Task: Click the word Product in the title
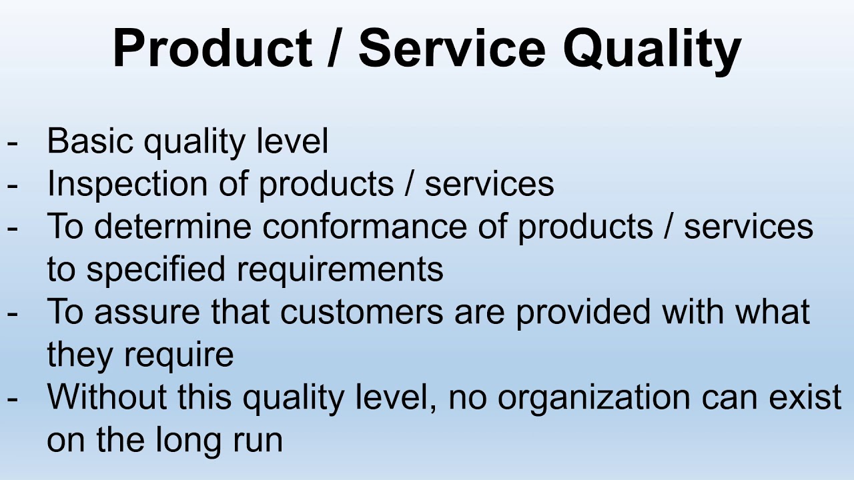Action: [x=212, y=50]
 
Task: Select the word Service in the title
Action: [x=452, y=50]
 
